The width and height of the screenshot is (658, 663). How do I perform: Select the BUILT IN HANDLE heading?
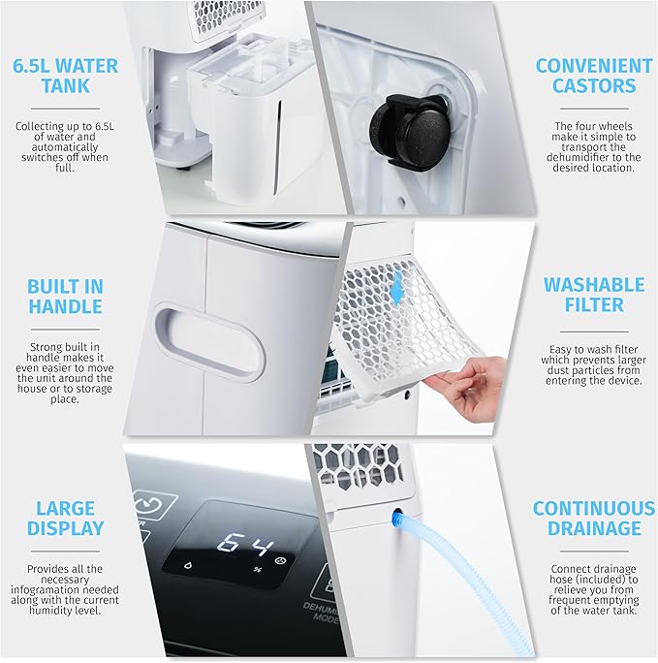point(66,297)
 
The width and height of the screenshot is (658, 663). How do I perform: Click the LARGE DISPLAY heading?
point(66,518)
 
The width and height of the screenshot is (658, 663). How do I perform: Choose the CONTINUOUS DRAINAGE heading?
point(594,518)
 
